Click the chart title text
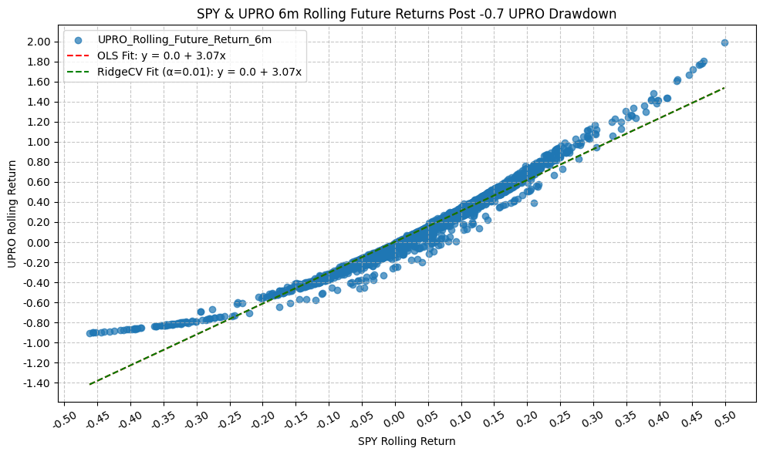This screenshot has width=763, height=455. (407, 13)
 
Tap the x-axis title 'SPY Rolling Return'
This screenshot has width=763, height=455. (407, 442)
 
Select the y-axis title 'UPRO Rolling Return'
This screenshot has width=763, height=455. (12, 214)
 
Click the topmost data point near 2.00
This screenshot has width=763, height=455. (724, 43)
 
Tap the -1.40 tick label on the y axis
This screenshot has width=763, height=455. (39, 383)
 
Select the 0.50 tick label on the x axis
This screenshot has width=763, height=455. (725, 419)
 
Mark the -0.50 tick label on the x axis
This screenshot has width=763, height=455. (64, 419)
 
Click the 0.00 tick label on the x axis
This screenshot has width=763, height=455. (395, 419)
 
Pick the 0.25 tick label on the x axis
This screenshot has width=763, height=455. (560, 419)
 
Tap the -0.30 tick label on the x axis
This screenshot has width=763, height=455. (196, 419)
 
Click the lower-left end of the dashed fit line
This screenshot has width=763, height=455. (90, 383)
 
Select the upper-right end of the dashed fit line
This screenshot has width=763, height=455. (724, 88)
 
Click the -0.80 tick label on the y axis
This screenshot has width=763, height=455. (39, 323)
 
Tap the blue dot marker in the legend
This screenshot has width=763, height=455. (78, 39)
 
